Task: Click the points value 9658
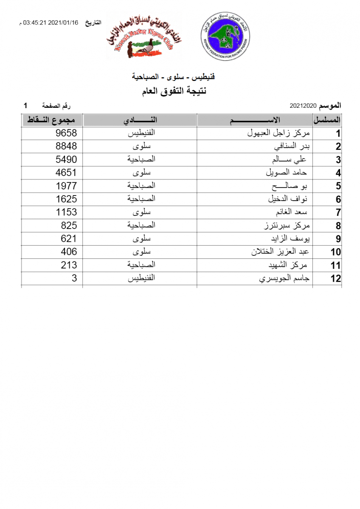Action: pos(66,133)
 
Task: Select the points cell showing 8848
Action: pos(66,146)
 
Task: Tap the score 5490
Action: pos(66,159)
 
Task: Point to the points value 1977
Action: pos(66,186)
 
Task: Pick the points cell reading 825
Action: pos(69,225)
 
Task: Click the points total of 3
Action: pos(74,278)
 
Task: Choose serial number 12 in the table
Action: pos(335,279)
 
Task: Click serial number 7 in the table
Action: pos(338,213)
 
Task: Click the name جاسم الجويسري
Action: pos(284,278)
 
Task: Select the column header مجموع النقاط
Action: pos(51,120)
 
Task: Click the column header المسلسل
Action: pos(327,120)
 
